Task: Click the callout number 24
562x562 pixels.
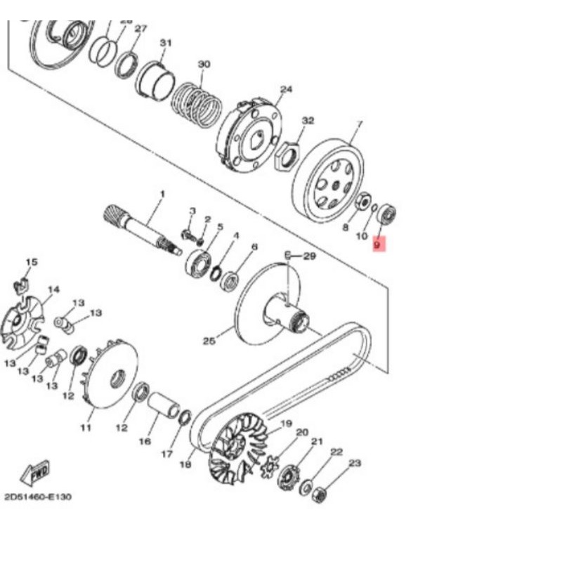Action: pyautogui.click(x=285, y=89)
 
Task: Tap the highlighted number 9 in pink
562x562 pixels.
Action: pyautogui.click(x=377, y=246)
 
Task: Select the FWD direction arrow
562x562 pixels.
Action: pyautogui.click(x=34, y=473)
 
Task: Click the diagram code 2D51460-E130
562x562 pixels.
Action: pyautogui.click(x=38, y=497)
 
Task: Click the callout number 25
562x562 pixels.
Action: pyautogui.click(x=209, y=341)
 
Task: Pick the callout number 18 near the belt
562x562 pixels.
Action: pyautogui.click(x=185, y=464)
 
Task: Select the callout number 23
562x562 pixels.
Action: pyautogui.click(x=354, y=463)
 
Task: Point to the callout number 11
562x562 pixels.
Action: pyautogui.click(x=86, y=427)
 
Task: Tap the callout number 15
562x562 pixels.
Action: pyautogui.click(x=30, y=262)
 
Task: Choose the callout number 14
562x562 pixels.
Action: pyautogui.click(x=53, y=289)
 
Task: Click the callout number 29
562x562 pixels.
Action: pyautogui.click(x=309, y=257)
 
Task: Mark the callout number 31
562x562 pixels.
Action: pyautogui.click(x=166, y=43)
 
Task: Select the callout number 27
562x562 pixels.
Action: pyautogui.click(x=140, y=29)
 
